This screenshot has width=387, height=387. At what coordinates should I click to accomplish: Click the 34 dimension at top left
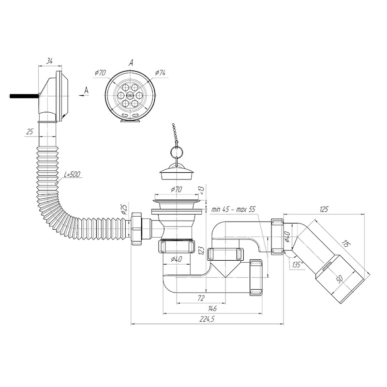50,61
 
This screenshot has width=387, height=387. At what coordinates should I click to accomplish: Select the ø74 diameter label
160,73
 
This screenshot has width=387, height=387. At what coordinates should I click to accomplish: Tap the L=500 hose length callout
72,175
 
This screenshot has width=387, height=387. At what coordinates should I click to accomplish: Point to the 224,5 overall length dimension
207,319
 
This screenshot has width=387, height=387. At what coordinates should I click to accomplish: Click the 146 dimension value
212,308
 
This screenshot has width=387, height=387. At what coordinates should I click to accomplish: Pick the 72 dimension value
201,298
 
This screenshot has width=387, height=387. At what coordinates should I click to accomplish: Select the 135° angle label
298,265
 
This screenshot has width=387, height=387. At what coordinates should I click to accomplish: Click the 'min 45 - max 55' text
233,210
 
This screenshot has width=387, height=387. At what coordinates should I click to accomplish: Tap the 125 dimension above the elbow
324,209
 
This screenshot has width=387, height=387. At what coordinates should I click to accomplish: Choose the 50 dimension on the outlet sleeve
340,279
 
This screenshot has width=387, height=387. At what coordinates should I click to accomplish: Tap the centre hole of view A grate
130,95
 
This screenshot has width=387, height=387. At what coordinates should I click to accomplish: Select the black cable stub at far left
24,96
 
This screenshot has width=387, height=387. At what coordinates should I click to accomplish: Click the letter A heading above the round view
131,63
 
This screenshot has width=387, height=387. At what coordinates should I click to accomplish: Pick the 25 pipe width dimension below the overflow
30,132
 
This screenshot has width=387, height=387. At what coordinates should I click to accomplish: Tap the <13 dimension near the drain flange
202,190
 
